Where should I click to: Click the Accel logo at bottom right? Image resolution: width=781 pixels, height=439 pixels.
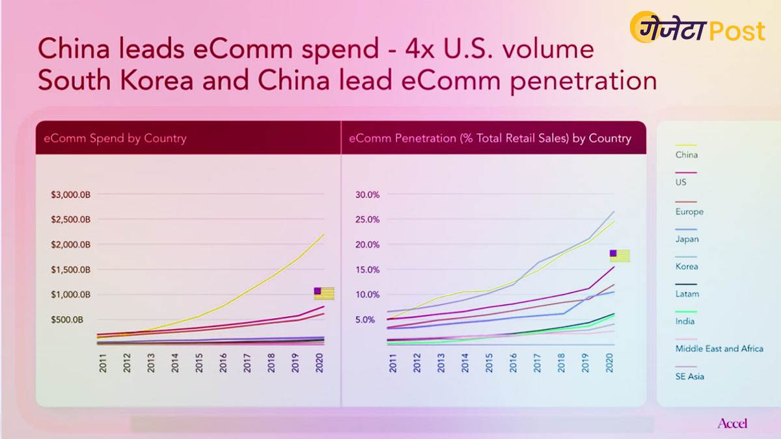pos(732,423)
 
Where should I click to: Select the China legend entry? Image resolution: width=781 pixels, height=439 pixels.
pos(686,155)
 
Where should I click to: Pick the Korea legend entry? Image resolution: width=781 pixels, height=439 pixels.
pos(686,266)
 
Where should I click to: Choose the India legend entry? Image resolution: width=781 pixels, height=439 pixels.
pos(685,321)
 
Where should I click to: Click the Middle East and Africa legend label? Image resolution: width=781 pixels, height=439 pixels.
pos(719,349)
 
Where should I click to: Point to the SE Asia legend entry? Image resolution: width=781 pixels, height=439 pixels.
pos(689,376)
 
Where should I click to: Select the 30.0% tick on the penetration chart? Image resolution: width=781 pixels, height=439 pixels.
pos(366,194)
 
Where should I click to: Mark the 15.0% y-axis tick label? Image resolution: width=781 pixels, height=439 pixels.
pos(366,269)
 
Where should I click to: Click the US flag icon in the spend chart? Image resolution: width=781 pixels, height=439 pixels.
pos(323,293)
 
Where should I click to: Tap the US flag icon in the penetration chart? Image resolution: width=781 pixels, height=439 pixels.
pos(619,256)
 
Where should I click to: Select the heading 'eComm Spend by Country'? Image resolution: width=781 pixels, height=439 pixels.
pos(115,138)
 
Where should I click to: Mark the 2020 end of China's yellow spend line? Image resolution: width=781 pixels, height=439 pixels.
pos(323,235)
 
